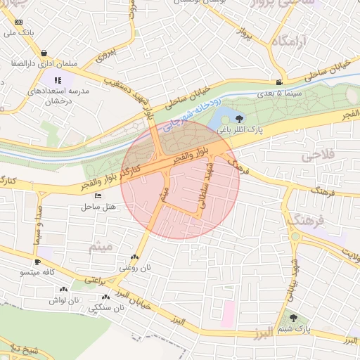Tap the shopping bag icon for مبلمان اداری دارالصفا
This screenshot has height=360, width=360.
coord(44,53)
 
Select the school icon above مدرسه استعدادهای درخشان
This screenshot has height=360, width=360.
coord(58,80)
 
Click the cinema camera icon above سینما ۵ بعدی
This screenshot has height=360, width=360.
coord(280,82)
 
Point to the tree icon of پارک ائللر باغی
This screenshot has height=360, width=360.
coord(240,119)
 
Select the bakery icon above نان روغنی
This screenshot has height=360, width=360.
coord(134,257)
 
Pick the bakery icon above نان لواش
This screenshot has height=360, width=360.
coord(64,288)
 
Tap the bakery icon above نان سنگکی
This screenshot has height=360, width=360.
coord(105,297)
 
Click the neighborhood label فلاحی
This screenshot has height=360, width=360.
coord(320,155)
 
